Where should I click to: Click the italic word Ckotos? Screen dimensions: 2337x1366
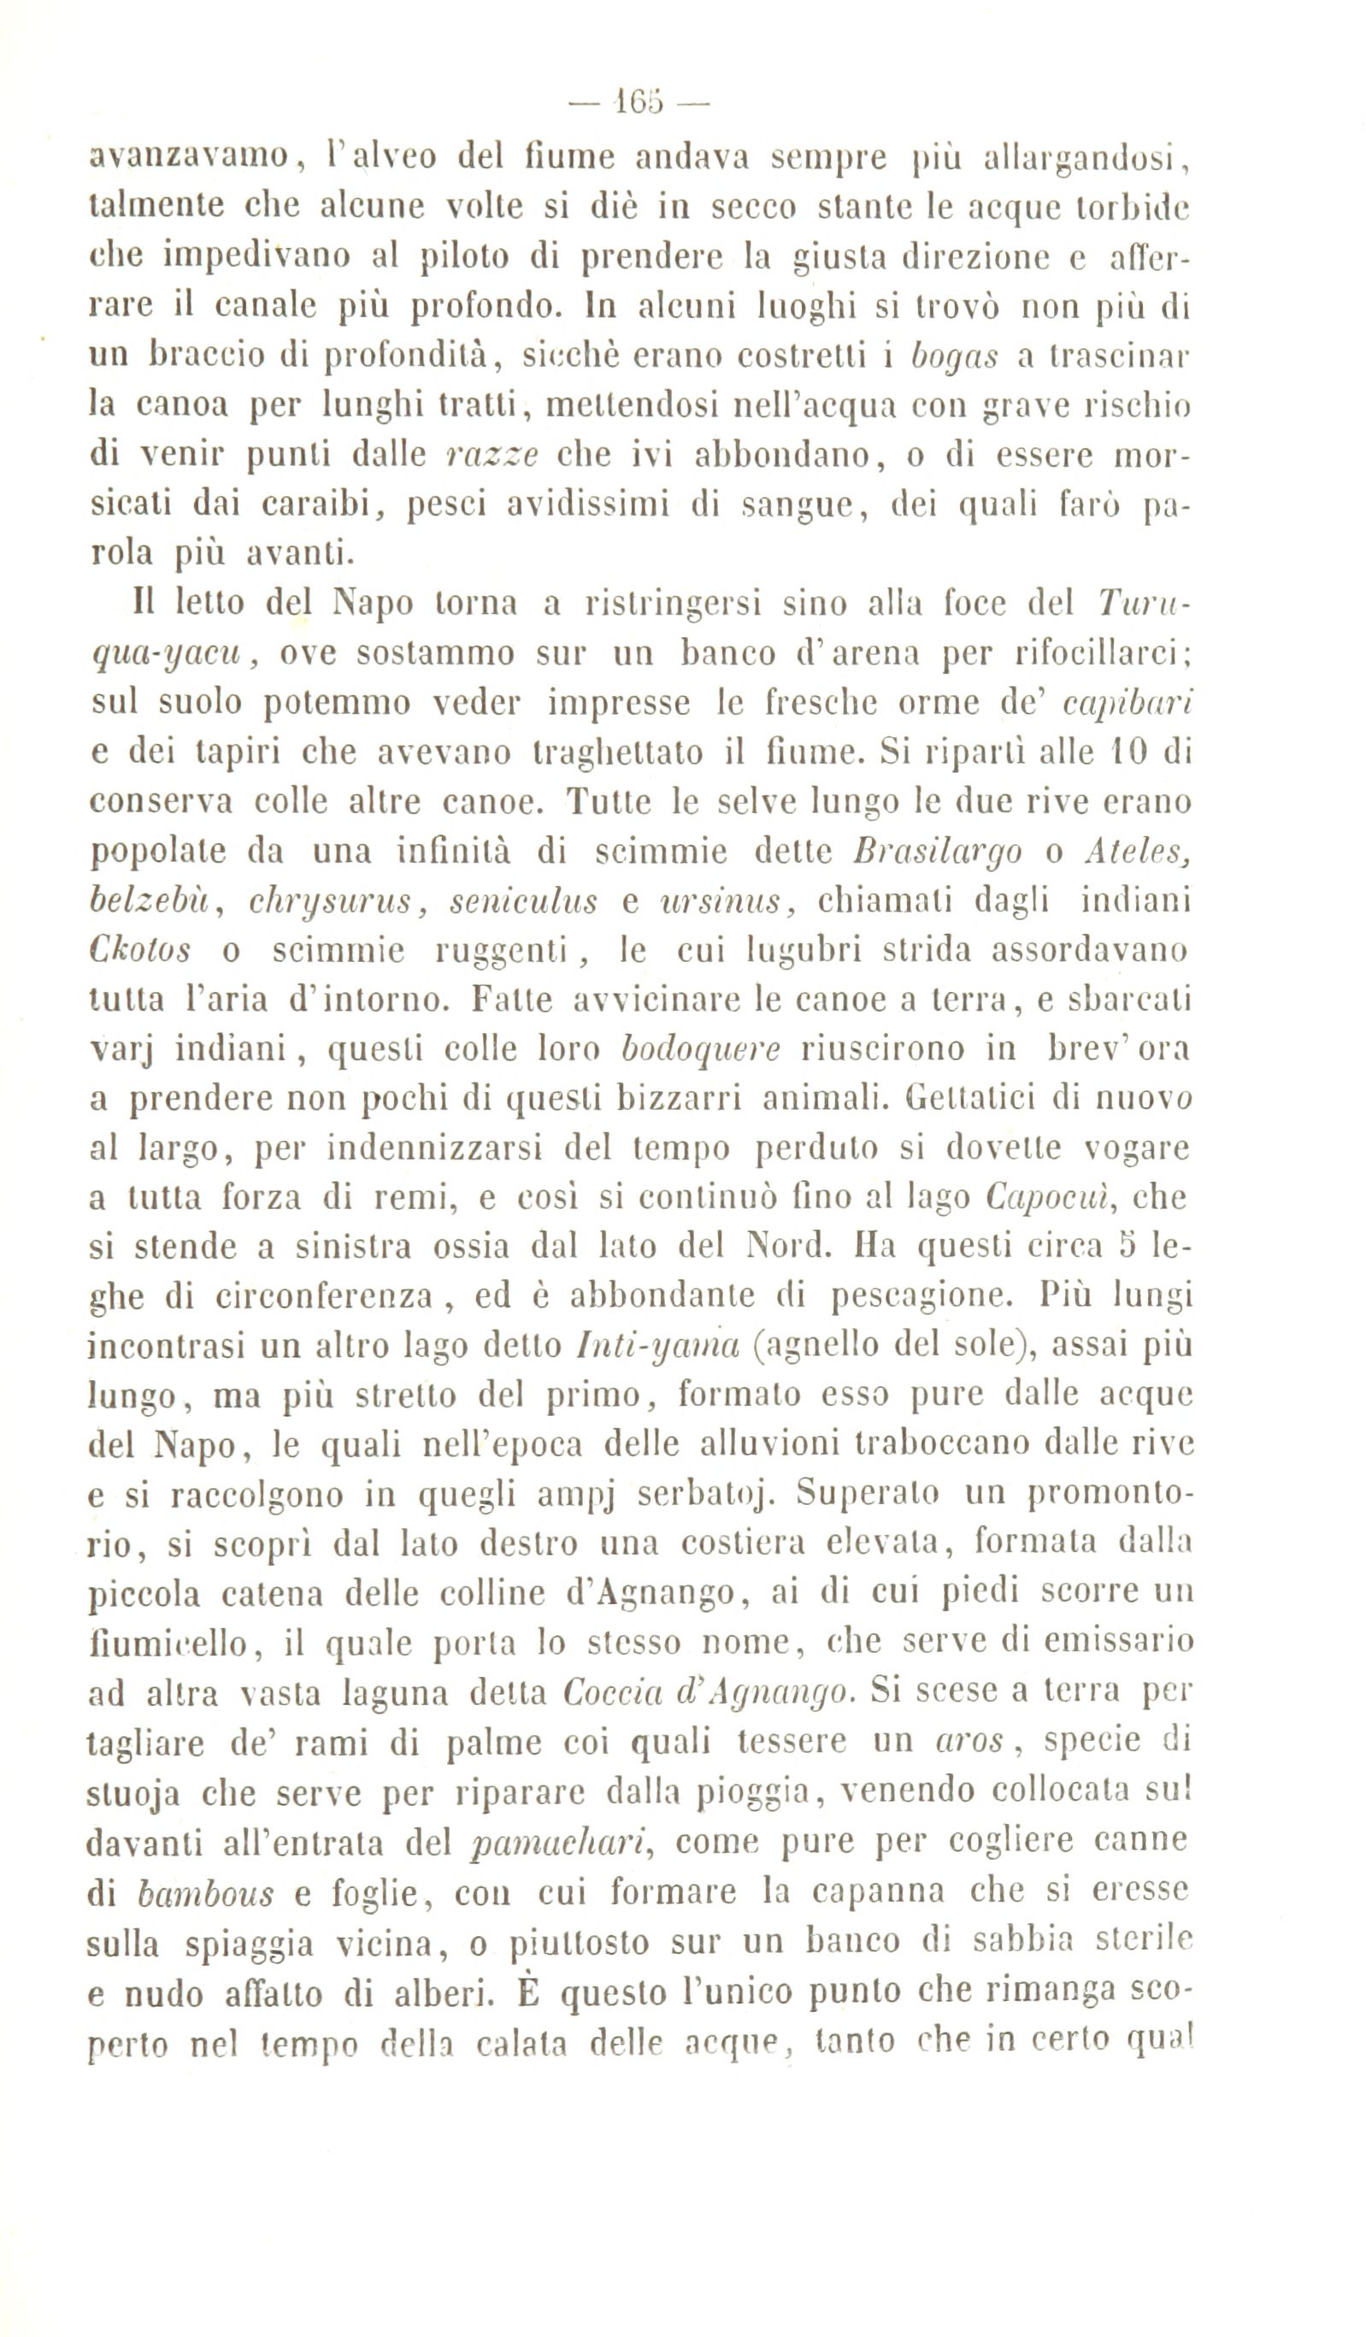click(141, 950)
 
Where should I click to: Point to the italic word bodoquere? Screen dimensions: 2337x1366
click(700, 1049)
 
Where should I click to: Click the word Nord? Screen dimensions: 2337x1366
click(785, 1246)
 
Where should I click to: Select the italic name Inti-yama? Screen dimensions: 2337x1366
click(657, 1346)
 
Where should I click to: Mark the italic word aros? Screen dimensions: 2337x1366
click(969, 1742)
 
